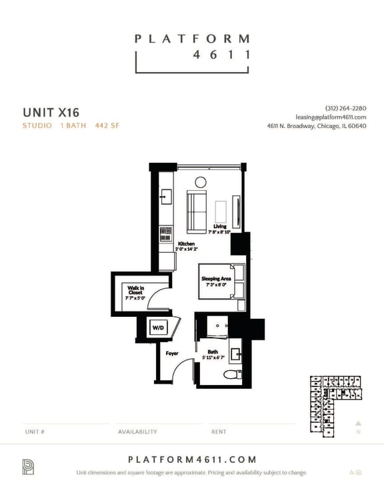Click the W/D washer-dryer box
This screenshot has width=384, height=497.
158,328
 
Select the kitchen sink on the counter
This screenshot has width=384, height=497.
165,196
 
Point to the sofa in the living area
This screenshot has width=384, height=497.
196,209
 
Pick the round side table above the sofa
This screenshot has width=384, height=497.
201,181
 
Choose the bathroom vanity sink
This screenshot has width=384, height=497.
236,353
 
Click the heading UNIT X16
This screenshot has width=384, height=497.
51,111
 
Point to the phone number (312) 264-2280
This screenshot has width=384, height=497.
346,108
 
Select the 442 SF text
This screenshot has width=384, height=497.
107,125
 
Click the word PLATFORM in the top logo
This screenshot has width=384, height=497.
192,39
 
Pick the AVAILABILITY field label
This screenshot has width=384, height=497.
137,432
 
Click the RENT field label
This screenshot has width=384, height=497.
219,432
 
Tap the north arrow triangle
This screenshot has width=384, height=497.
358,422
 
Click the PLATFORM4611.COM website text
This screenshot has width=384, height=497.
192,459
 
